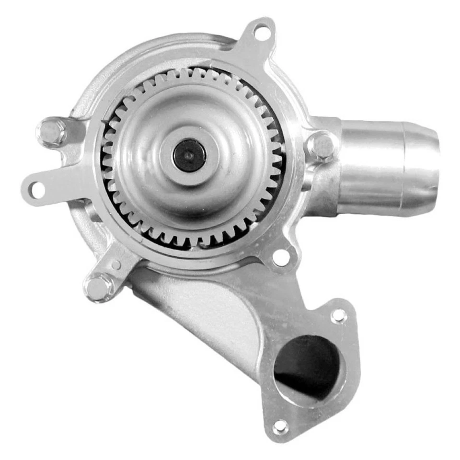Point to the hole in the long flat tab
(x=38, y=190)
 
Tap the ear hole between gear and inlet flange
(x=281, y=257)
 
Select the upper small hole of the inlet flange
(x=339, y=315)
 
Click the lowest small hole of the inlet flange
(x=280, y=426)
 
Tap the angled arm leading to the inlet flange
(x=201, y=307)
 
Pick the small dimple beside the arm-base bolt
(x=116, y=264)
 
